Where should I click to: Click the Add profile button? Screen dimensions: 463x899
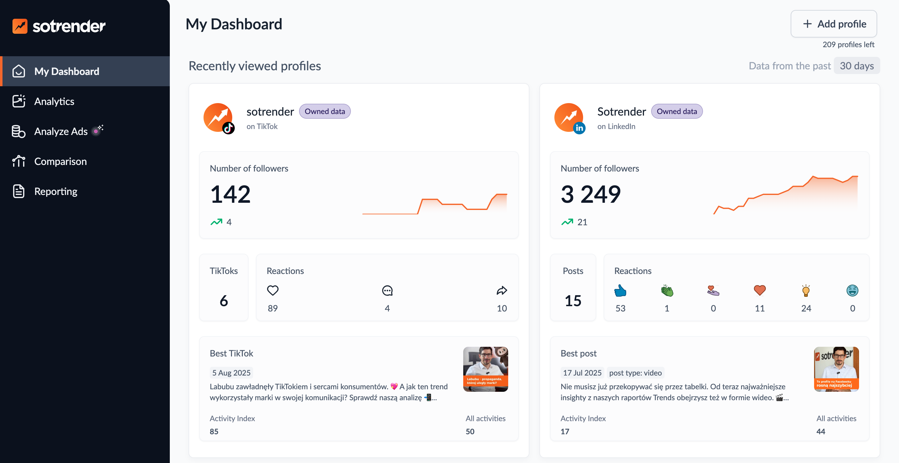833,24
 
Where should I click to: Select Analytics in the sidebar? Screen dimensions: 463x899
54,101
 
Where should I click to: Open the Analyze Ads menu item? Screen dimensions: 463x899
61,131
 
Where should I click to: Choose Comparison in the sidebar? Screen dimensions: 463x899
60,161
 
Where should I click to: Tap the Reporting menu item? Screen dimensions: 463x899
56,191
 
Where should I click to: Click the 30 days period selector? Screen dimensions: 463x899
857,66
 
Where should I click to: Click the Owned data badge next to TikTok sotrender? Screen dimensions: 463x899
325,112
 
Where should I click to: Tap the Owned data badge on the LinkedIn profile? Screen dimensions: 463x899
676,112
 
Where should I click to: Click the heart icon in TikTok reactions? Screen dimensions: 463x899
273,290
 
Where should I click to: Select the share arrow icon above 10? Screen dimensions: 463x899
502,290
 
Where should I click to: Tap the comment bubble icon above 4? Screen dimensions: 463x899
387,290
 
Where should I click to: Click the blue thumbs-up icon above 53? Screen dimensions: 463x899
620,290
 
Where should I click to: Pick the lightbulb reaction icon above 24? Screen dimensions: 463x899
806,290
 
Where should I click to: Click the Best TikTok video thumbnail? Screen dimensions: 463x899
485,369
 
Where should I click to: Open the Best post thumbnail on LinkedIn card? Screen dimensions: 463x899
836,369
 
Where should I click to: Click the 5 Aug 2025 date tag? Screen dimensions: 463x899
231,373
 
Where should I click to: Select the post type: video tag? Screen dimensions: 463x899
635,373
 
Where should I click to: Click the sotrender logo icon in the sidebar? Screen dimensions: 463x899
20,26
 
